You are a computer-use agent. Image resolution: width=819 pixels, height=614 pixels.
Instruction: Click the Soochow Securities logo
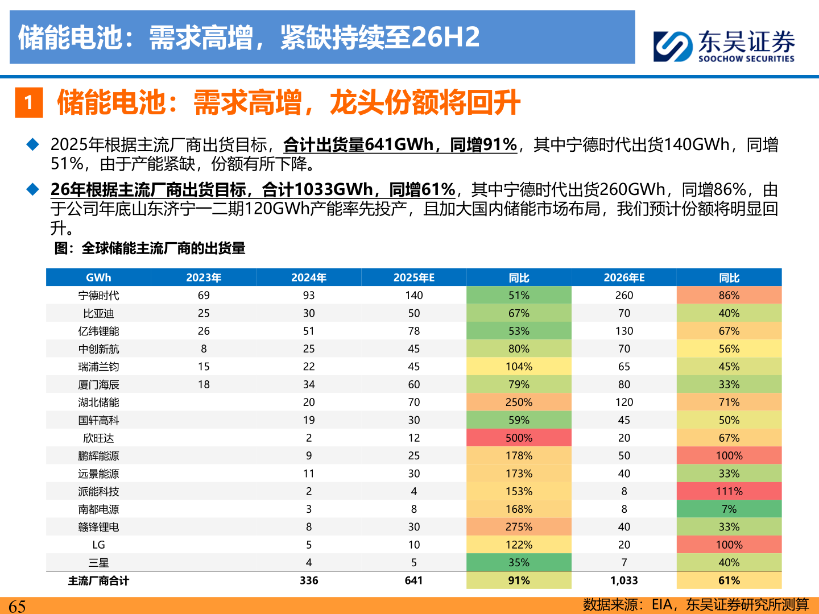tap(723, 45)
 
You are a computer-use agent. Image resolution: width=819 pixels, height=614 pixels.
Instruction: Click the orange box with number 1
tap(29, 103)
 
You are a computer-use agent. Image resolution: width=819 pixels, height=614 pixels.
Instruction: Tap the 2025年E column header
tap(413, 277)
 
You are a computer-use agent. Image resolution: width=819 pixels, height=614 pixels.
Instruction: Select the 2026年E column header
tap(624, 277)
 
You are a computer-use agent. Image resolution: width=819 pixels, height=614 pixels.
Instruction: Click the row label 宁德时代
tap(98, 296)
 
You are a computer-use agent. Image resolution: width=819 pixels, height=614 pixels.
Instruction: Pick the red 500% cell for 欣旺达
tap(519, 438)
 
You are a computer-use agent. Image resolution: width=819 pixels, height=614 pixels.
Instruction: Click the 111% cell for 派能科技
tap(729, 491)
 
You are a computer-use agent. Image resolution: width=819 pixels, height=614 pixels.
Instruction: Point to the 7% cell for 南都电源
tap(729, 509)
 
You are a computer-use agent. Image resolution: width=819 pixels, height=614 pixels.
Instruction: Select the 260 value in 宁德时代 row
tap(624, 296)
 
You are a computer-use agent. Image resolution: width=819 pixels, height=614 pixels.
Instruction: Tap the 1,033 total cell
tap(624, 580)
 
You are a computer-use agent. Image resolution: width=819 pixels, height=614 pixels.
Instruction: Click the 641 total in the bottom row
tap(413, 580)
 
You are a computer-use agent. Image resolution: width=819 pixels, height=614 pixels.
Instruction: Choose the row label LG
tap(98, 545)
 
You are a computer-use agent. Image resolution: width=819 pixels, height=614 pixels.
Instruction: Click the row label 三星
tap(98, 562)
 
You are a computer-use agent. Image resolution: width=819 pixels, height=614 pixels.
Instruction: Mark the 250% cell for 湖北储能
tap(519, 402)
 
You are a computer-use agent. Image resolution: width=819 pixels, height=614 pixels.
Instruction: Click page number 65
tap(17, 606)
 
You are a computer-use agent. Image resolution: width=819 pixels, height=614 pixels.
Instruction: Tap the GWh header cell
tap(98, 277)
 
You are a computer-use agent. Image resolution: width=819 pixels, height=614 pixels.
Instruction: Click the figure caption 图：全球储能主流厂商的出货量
tap(150, 248)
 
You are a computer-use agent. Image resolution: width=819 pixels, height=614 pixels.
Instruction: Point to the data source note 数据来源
tap(695, 604)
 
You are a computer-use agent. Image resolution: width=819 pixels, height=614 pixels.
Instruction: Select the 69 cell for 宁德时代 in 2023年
tap(204, 296)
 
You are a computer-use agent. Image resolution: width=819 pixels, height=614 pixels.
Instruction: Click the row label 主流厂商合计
tap(98, 580)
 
